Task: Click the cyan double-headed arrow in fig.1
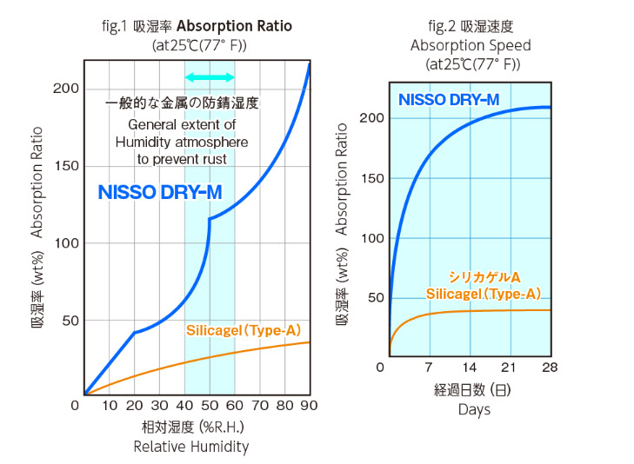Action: click(x=210, y=77)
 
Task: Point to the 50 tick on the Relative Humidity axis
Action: click(x=210, y=406)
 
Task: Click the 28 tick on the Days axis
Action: click(x=551, y=367)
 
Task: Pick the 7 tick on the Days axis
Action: click(x=429, y=367)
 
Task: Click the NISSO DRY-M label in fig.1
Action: click(x=159, y=193)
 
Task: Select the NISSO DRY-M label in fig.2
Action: click(x=448, y=100)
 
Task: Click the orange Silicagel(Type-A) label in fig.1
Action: click(x=244, y=330)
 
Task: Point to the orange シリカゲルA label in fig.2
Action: click(x=484, y=277)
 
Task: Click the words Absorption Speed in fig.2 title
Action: click(x=470, y=45)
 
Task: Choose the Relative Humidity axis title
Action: click(x=190, y=447)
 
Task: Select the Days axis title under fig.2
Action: click(x=474, y=409)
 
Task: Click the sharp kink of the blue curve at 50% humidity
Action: click(x=210, y=219)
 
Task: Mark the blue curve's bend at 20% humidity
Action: click(x=134, y=332)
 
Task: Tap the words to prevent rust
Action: click(x=182, y=159)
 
